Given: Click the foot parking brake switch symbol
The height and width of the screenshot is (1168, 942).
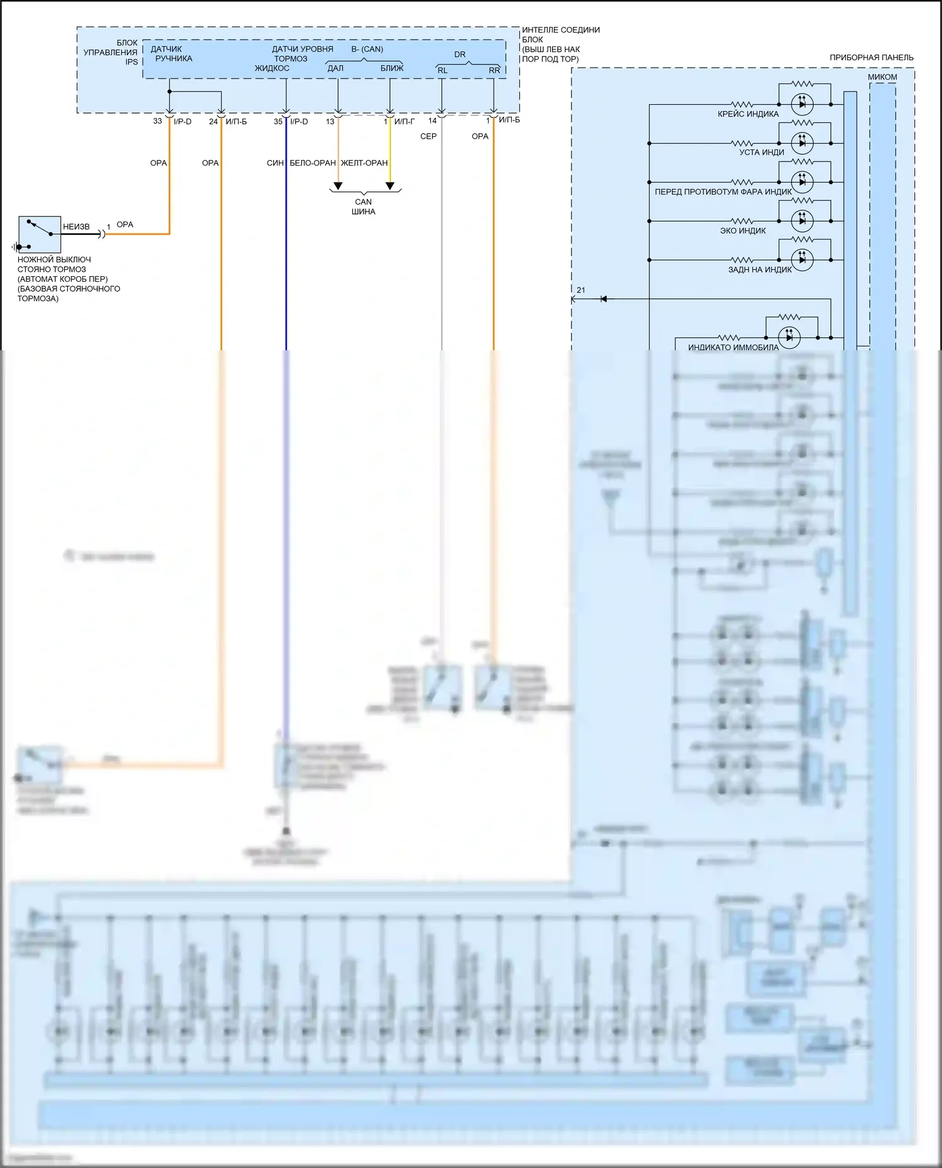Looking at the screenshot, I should [x=40, y=234].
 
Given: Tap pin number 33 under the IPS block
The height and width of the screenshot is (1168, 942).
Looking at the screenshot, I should [x=158, y=121].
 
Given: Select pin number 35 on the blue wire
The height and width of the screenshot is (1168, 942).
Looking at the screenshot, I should [x=278, y=122].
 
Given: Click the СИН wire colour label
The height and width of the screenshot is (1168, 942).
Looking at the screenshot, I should [x=275, y=163].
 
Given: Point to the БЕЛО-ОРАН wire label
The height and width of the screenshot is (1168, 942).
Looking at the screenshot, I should [x=313, y=163].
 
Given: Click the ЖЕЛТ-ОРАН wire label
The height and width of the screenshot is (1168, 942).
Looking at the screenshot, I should [x=364, y=163].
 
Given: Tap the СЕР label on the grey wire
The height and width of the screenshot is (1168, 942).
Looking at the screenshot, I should [x=428, y=136].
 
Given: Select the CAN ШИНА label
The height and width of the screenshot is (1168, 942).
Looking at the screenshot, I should [x=363, y=206].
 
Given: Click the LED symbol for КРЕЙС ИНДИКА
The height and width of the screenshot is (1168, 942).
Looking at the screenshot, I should [x=802, y=104].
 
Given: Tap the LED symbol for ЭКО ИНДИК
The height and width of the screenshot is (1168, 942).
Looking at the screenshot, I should [x=802, y=221].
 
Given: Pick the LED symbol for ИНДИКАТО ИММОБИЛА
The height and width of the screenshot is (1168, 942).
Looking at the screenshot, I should [x=789, y=337].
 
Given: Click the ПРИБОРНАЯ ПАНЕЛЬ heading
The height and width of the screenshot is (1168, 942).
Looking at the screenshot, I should [x=871, y=58].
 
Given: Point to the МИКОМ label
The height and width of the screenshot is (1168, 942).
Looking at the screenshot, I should [x=882, y=77].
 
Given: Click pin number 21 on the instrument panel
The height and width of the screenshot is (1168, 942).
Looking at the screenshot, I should [x=581, y=290].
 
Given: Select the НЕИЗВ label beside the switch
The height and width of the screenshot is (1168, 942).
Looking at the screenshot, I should [x=76, y=227].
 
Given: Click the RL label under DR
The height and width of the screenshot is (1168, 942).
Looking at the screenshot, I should [x=443, y=70].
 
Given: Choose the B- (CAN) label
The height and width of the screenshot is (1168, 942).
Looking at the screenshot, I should [x=367, y=49].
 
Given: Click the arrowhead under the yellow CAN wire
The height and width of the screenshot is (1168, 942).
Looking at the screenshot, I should [x=390, y=186].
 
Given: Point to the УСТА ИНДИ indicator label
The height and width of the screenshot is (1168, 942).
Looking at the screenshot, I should [x=761, y=153].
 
